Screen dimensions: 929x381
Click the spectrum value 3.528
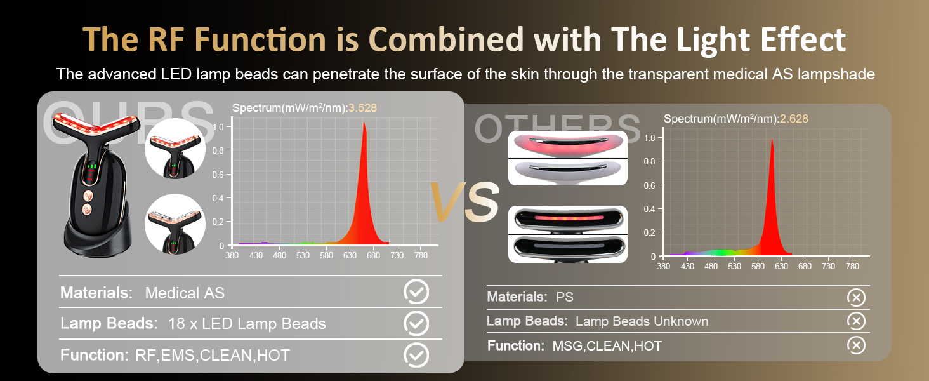(362, 108)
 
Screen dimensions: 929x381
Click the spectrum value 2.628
(794, 119)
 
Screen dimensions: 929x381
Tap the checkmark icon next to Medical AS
(416, 291)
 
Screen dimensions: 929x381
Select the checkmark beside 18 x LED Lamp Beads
(416, 323)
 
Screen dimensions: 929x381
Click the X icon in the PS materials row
(856, 298)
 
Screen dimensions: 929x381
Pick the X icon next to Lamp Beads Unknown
(856, 321)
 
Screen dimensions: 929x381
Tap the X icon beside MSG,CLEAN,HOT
(856, 345)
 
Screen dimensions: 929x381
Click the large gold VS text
(464, 202)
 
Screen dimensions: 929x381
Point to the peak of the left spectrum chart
(364, 122)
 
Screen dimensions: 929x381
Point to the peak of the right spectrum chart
(772, 140)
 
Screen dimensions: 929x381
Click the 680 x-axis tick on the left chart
(373, 255)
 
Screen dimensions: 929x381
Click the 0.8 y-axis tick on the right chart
(649, 161)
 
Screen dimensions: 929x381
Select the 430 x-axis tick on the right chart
(687, 266)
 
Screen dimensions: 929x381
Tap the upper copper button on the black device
(88, 196)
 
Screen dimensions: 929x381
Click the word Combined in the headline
(446, 40)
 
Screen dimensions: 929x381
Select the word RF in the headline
(166, 40)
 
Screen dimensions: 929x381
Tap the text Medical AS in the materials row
(185, 293)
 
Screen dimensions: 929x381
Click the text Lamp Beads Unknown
(642, 321)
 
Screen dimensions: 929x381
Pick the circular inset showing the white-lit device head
(175, 224)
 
